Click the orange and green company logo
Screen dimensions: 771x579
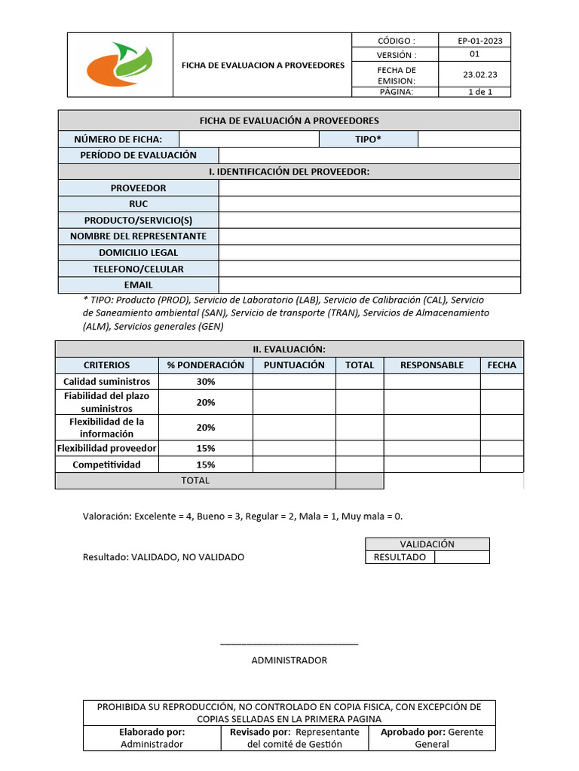tap(120, 65)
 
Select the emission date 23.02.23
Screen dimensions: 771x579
tap(475, 75)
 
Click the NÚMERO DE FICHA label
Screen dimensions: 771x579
tap(118, 139)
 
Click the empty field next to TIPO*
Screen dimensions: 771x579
tap(468, 139)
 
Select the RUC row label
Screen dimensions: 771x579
tap(139, 204)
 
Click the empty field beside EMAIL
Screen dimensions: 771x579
tap(369, 285)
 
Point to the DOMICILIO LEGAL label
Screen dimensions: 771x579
tap(139, 253)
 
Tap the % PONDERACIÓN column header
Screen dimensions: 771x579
tap(206, 365)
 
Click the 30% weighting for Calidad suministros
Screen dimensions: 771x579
tap(206, 382)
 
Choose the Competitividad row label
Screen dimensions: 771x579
tap(106, 465)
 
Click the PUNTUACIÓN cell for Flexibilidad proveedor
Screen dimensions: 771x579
tap(294, 449)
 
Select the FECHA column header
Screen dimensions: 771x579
tap(502, 365)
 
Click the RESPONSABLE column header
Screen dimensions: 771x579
tap(432, 365)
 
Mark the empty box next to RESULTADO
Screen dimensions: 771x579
tap(461, 557)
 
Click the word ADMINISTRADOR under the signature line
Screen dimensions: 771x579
tap(289, 660)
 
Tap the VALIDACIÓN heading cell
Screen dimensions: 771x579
tap(427, 544)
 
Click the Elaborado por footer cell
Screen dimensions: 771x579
tap(152, 738)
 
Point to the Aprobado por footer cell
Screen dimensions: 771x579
tap(432, 738)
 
